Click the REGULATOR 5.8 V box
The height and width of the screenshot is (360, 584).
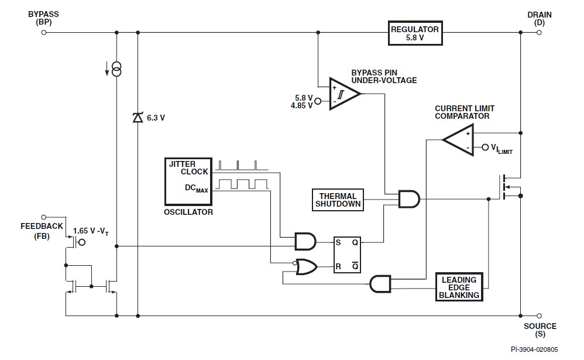point(414,33)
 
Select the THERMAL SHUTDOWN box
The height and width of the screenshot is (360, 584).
point(338,200)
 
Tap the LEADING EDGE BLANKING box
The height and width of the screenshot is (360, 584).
point(459,287)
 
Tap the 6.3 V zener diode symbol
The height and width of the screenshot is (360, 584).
point(138,118)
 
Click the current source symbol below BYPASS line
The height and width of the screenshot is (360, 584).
point(116,71)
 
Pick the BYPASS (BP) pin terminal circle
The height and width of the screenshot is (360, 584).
point(43,33)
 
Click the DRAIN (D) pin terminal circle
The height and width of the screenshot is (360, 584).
point(538,33)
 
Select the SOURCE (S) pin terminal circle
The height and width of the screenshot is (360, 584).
point(538,316)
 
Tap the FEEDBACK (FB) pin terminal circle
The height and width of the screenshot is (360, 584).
point(43,217)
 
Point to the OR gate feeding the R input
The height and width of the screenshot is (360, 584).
point(306,268)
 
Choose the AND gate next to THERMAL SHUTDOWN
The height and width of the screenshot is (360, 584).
point(408,200)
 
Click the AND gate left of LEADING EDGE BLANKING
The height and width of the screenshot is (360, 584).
point(380,284)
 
